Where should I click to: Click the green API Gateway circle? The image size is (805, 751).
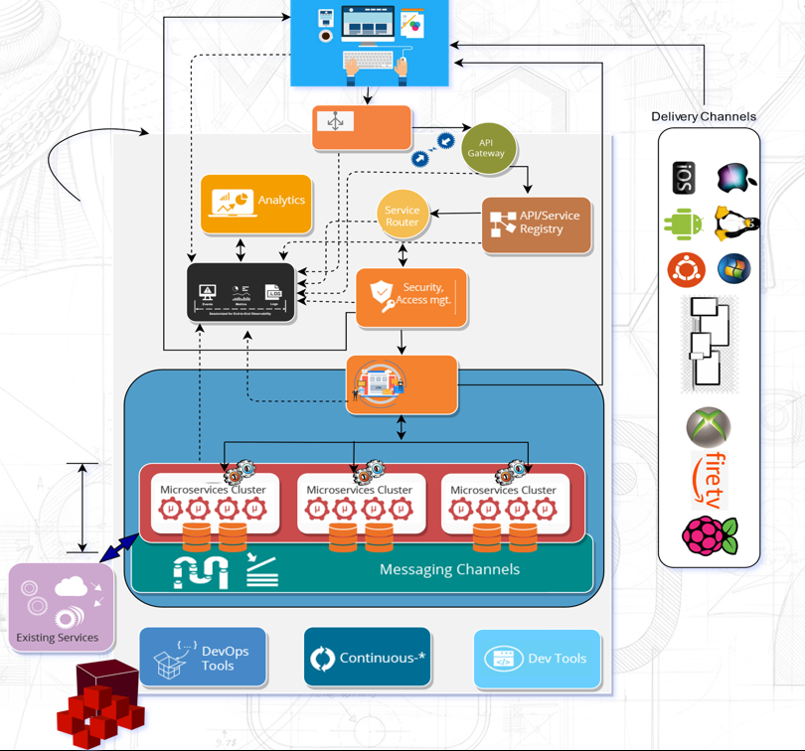(486, 148)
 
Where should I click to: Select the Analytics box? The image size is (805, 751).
(256, 204)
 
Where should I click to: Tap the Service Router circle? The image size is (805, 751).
(402, 216)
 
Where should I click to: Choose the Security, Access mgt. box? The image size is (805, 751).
(411, 296)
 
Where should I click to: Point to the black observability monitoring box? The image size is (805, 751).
(241, 292)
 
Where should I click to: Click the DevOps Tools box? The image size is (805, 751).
(203, 657)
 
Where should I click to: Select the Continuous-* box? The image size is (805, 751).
(367, 657)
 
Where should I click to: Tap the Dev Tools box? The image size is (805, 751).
(537, 659)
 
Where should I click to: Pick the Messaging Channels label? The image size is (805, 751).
(449, 569)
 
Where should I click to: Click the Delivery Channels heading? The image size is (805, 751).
(704, 116)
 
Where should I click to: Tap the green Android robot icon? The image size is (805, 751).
(684, 224)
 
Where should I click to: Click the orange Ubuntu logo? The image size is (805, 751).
(685, 269)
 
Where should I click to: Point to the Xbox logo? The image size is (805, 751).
(709, 427)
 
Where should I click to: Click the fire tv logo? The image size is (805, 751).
(710, 480)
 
